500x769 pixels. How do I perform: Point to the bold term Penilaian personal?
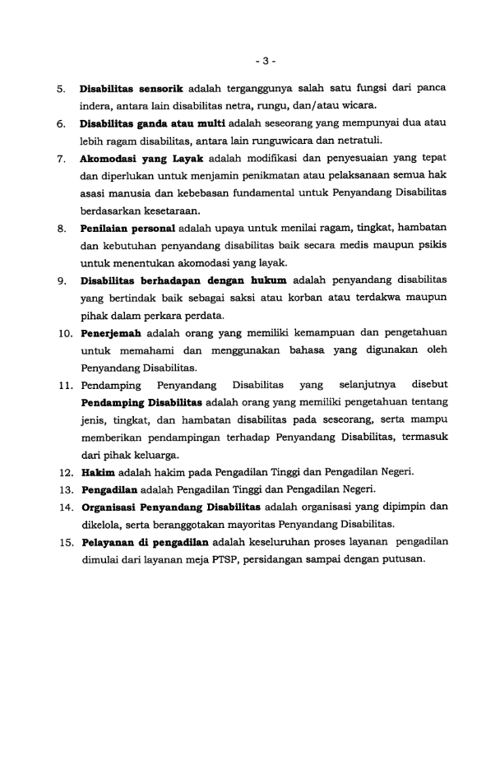click(x=122, y=227)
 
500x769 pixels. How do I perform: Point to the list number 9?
click(x=62, y=280)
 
